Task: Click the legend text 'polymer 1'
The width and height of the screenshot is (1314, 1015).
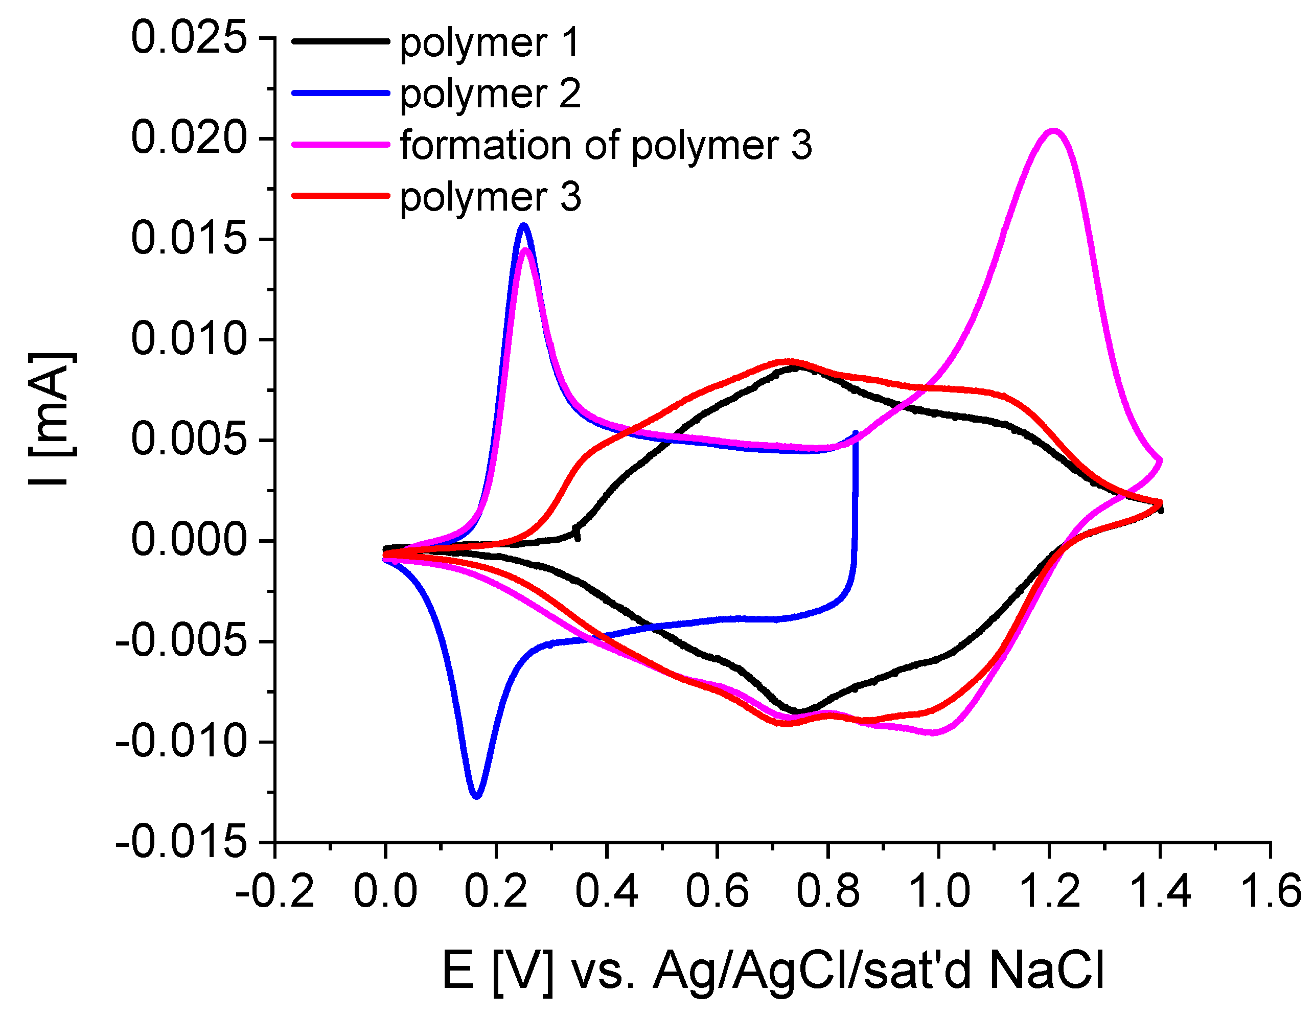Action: click(490, 43)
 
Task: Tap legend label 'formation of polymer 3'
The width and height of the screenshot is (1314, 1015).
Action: click(606, 145)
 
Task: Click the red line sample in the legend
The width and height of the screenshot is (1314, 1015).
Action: click(340, 196)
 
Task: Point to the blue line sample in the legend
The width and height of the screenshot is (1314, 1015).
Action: click(340, 93)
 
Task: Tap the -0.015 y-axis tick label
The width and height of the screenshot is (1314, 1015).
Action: click(181, 842)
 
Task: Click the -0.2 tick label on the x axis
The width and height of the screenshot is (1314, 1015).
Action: click(275, 891)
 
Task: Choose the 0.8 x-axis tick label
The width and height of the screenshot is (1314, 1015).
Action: click(828, 891)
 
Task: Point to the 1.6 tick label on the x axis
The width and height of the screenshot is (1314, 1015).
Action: click(1271, 891)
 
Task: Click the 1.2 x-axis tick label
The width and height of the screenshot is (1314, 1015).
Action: click(1050, 891)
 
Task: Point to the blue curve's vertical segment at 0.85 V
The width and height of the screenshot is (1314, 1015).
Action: click(856, 499)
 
